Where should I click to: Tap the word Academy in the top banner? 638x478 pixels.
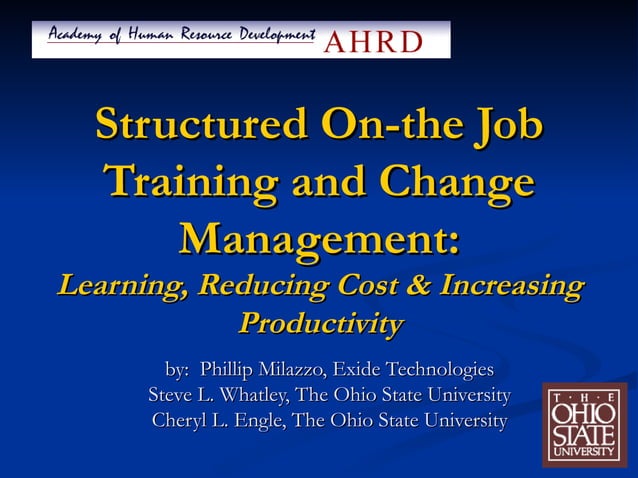[75, 37]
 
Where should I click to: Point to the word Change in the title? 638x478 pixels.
[455, 183]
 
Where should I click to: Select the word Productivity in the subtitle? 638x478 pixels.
[320, 324]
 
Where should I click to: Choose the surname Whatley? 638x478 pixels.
[241, 394]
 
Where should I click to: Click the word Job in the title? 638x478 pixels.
[505, 126]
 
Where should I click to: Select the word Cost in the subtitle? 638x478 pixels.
[370, 286]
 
